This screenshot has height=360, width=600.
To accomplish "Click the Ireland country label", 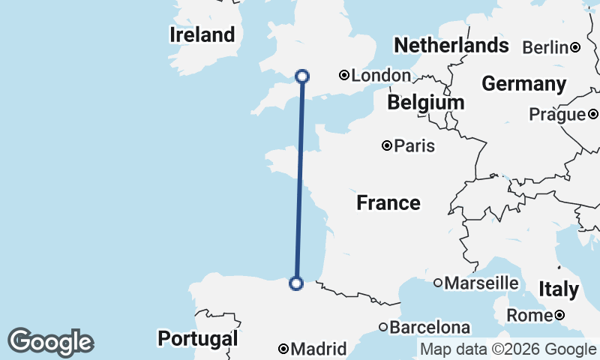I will click(x=202, y=34).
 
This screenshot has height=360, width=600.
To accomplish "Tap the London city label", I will click(x=381, y=75).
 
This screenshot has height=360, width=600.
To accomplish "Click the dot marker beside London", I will click(x=343, y=75).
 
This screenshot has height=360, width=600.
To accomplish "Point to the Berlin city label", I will click(x=544, y=47).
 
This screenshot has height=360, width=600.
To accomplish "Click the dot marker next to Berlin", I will click(x=574, y=47).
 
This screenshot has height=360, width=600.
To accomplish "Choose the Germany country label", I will click(x=523, y=83).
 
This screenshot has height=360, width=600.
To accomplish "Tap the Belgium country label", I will click(x=425, y=101).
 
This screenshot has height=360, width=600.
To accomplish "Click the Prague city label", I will click(x=556, y=115).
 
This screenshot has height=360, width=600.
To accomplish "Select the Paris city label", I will click(x=415, y=145).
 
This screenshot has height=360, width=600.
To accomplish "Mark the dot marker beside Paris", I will click(x=387, y=145).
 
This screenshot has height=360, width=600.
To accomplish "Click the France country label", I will click(x=388, y=202).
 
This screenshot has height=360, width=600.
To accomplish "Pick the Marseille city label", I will click(x=481, y=283).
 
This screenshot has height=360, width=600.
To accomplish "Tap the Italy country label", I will click(x=559, y=289).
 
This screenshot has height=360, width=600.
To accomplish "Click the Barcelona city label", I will click(x=430, y=327).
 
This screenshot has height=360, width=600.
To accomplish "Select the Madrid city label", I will click(x=319, y=349).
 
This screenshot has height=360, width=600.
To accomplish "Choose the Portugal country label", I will click(x=197, y=338).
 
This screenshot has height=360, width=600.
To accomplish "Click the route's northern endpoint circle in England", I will click(x=302, y=76).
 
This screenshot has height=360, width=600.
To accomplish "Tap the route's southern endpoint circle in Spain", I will click(x=296, y=283).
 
